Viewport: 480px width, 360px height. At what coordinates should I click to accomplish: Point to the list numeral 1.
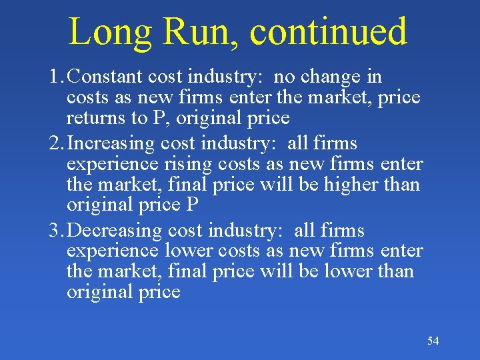click(55, 77)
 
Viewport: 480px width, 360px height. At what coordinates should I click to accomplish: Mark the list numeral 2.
click(55, 143)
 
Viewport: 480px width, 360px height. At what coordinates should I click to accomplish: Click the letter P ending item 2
click(192, 205)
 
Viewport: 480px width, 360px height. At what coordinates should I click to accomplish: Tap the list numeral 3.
click(55, 231)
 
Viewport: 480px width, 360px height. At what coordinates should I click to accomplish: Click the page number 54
click(433, 341)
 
